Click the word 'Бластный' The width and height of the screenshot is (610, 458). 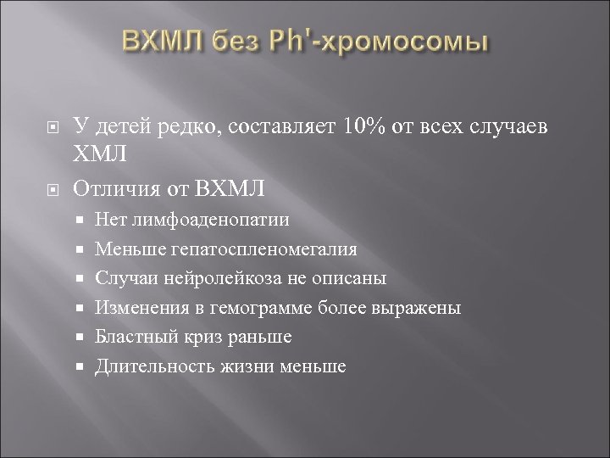click(132, 337)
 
